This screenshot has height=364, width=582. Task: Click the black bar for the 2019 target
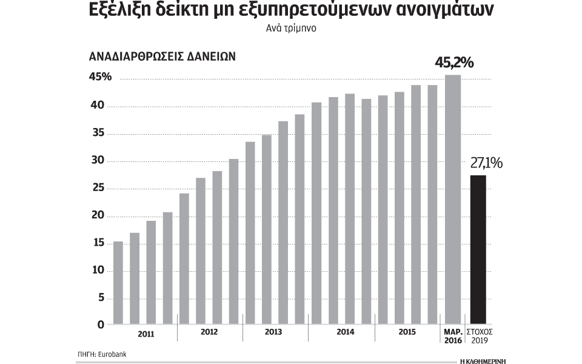(478, 249)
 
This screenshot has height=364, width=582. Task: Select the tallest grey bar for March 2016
(453, 200)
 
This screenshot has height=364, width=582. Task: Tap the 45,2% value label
(454, 63)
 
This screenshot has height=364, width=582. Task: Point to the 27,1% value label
(486, 163)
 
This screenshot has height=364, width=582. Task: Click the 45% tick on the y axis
(100, 78)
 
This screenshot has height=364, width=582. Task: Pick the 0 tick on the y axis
(101, 325)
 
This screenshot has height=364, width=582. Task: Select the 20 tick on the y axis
(97, 216)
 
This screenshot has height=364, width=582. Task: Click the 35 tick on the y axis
(97, 133)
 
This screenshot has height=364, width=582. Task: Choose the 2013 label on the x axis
(274, 332)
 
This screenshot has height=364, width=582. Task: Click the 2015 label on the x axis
(406, 332)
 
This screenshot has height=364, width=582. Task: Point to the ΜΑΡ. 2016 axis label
(453, 337)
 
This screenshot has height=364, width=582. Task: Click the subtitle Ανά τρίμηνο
(290, 28)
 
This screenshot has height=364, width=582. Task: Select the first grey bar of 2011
(118, 283)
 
